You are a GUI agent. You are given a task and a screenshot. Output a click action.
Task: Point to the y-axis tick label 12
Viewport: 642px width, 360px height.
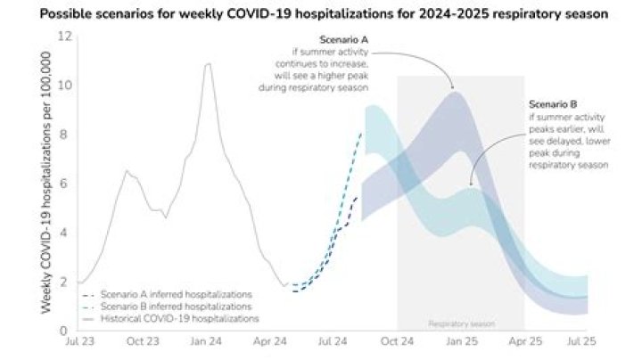[x=63, y=37]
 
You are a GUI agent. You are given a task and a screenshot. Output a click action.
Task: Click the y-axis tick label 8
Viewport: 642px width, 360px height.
[x=65, y=135]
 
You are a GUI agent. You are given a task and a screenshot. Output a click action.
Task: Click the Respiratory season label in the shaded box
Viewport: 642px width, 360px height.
[x=461, y=323]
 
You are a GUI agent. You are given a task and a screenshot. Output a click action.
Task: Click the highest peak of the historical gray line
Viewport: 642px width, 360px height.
[x=209, y=64]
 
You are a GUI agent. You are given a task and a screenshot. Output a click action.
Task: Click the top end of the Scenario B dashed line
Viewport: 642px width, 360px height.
[x=361, y=133]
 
